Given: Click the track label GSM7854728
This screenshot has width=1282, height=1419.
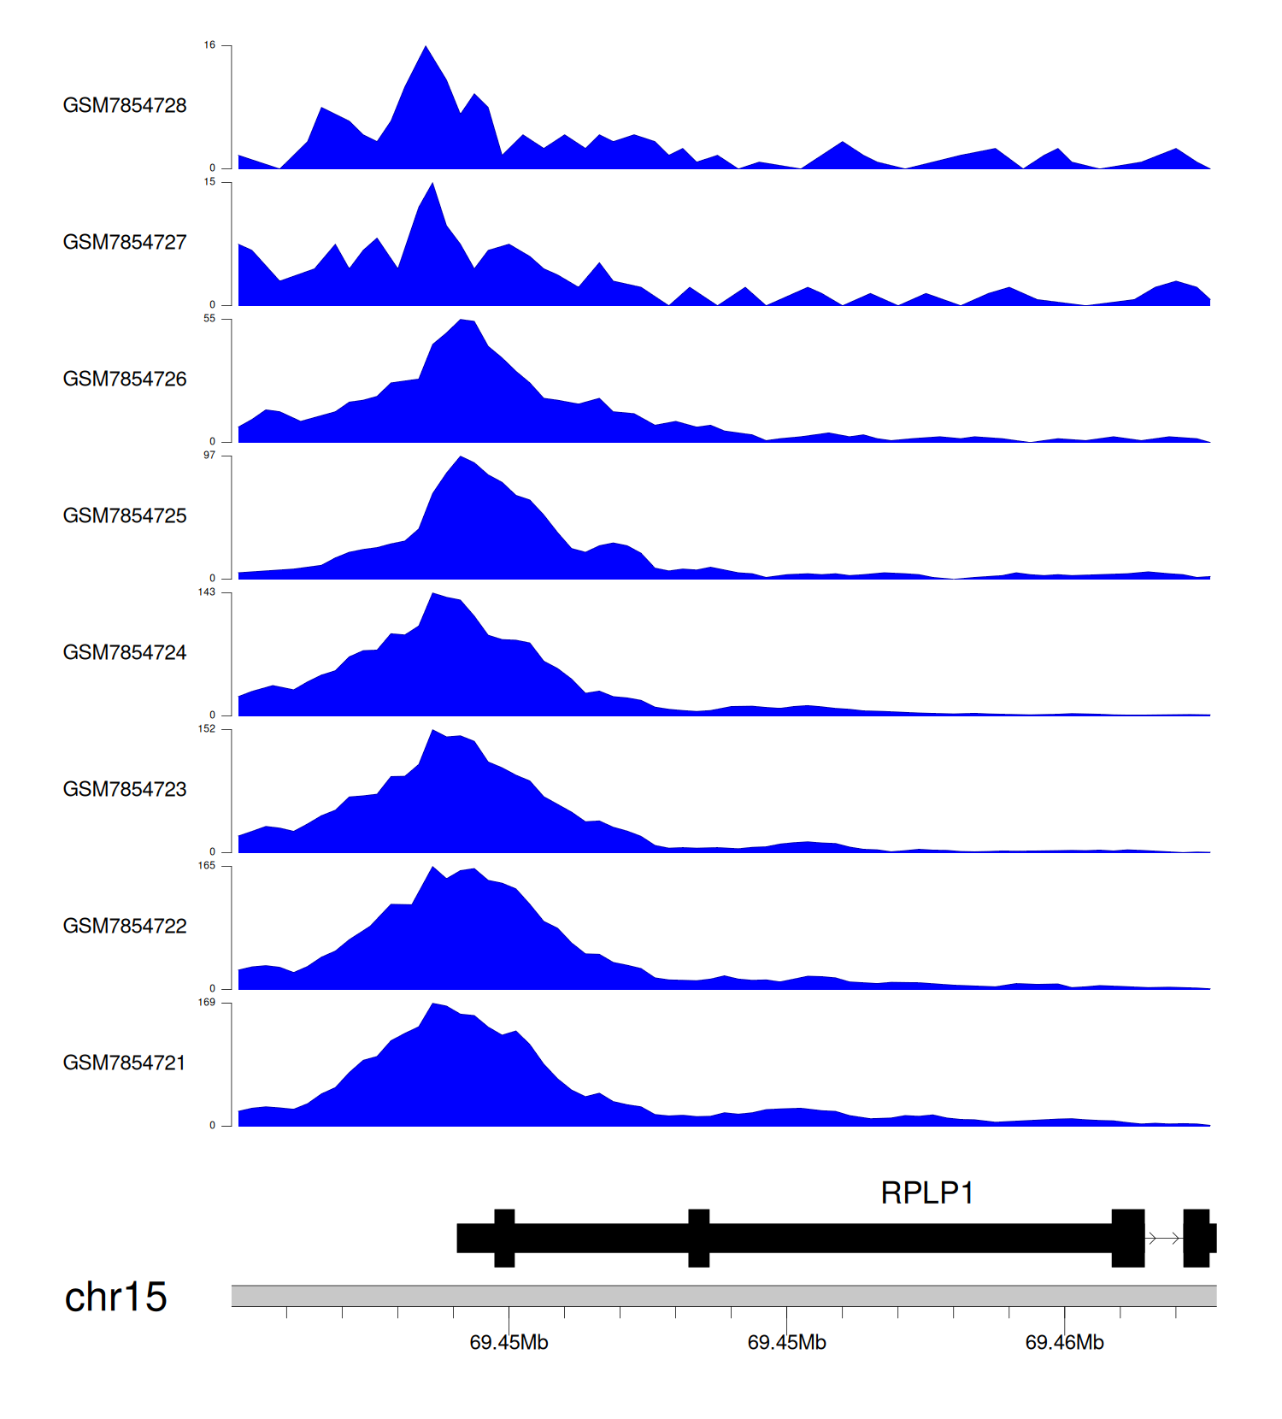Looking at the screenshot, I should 125,105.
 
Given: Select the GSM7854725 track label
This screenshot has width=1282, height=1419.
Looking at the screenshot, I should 125,515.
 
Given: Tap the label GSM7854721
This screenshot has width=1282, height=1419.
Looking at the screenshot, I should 125,1063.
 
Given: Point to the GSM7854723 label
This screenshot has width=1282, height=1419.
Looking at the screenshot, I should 125,789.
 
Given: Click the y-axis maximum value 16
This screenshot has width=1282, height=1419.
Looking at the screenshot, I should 209,45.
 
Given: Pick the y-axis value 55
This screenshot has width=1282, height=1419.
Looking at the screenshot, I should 209,319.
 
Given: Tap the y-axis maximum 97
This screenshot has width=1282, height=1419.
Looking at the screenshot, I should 209,456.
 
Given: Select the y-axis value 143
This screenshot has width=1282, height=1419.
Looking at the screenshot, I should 207,592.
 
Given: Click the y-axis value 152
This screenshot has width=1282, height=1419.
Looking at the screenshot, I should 207,729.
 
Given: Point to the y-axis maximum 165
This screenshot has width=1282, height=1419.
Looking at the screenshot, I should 207,866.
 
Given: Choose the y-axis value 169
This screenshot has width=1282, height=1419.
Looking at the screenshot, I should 207,1003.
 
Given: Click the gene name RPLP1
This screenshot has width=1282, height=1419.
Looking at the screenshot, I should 927,1192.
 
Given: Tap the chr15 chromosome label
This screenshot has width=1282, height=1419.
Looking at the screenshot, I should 116,1297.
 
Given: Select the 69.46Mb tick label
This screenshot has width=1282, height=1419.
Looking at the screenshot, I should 1064,1342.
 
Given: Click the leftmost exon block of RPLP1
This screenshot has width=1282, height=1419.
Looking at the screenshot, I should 504,1238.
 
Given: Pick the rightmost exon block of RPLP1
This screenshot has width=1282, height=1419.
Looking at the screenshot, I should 1197,1238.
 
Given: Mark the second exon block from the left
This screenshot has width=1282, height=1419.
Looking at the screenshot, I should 699,1238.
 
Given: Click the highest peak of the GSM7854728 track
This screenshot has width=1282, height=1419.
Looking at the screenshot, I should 426,48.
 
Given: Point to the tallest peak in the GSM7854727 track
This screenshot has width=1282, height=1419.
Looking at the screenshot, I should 433,185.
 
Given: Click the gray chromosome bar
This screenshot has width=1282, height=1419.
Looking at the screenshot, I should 723,1296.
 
